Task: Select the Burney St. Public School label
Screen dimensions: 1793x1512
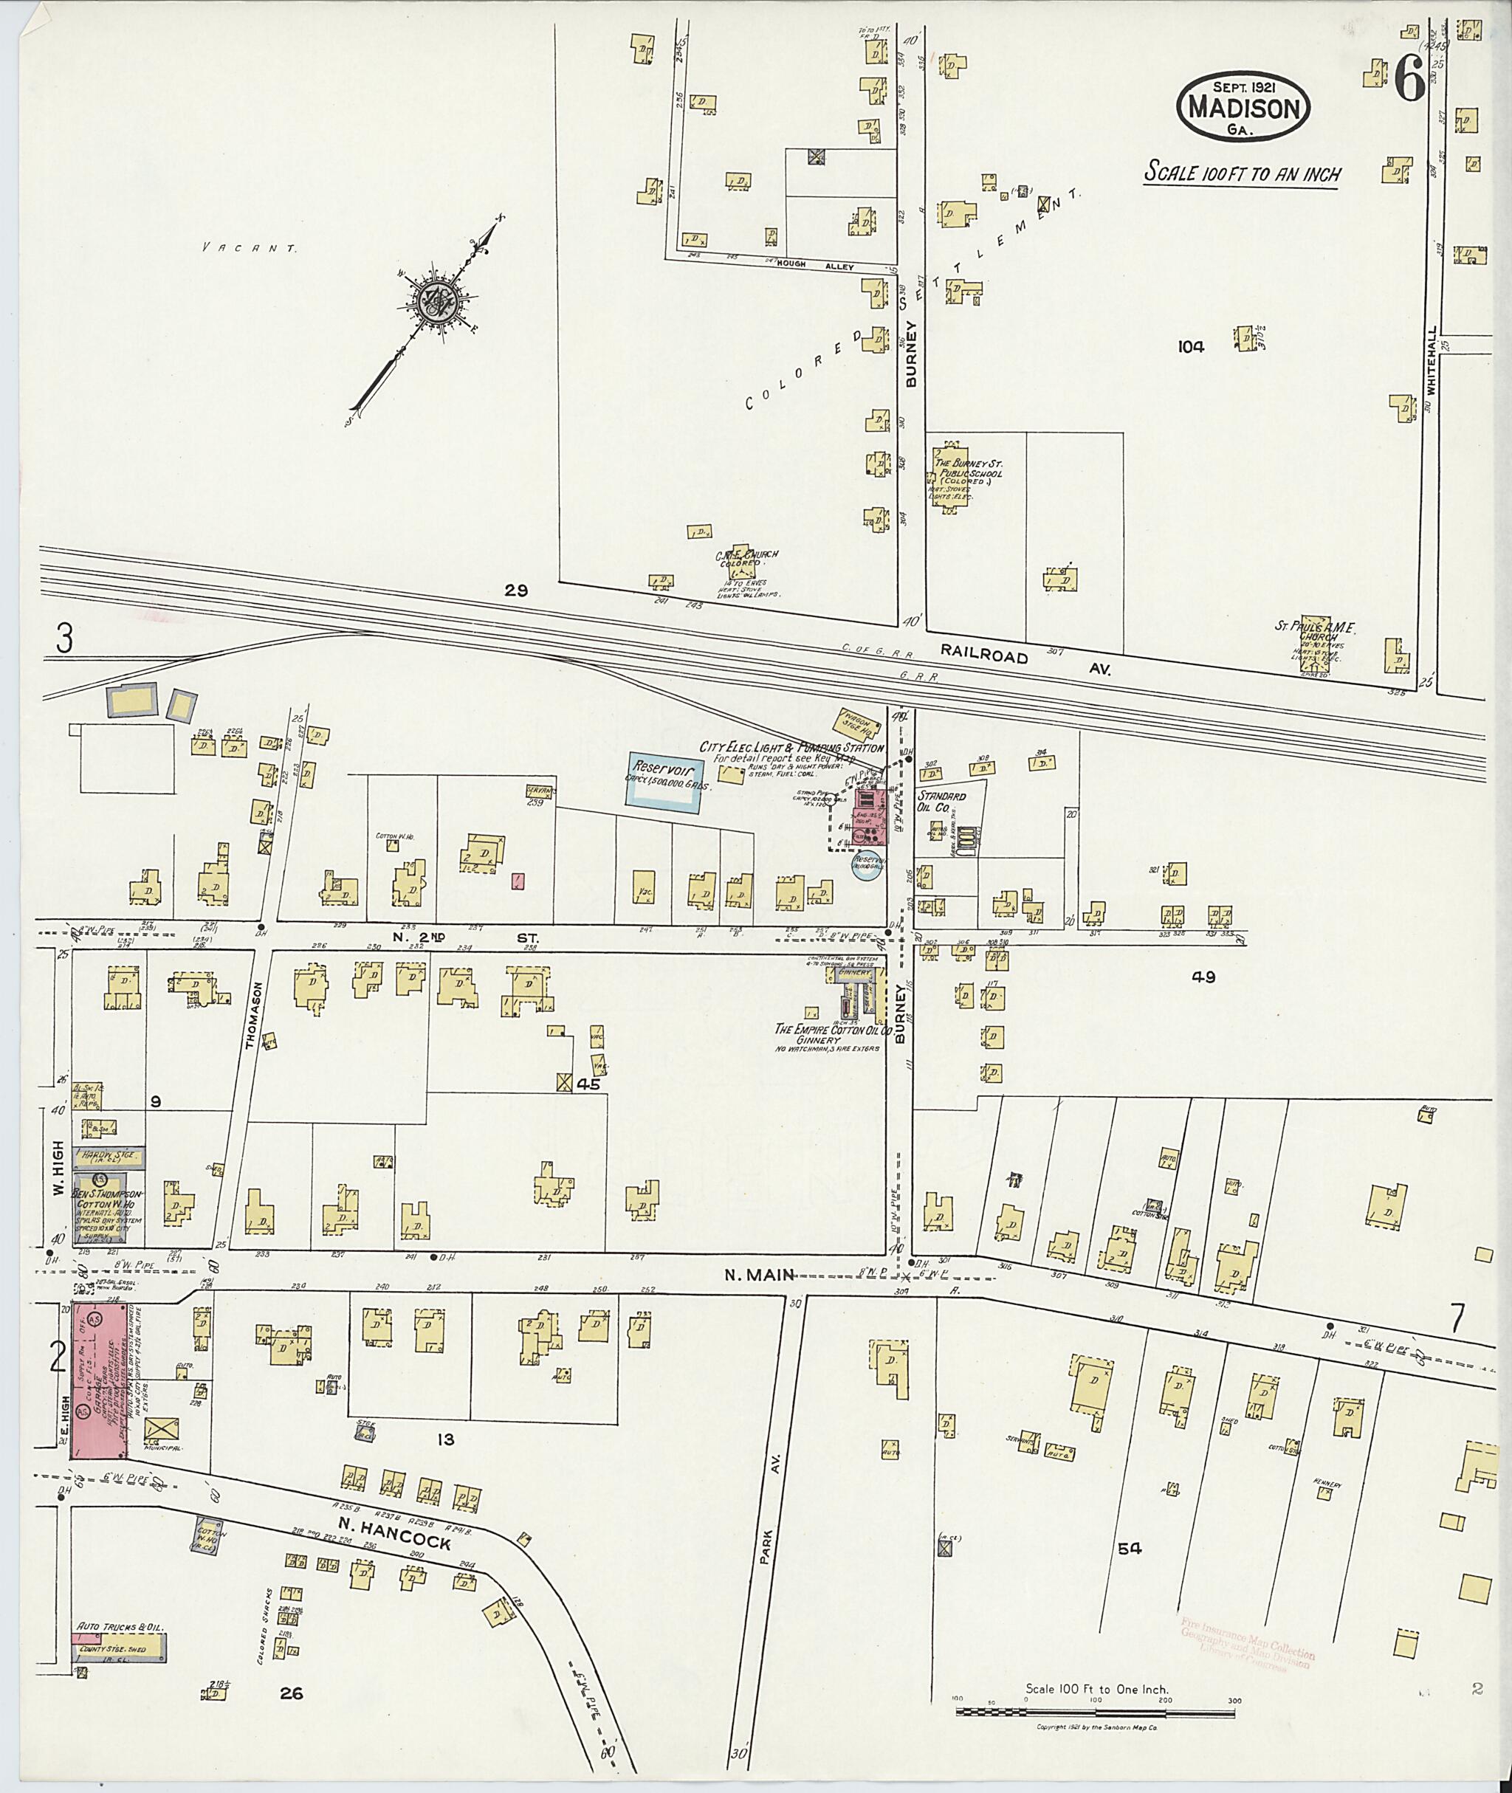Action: tap(969, 469)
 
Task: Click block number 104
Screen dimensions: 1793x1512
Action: tap(1191, 347)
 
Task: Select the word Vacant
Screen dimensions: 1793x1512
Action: tap(250, 248)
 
